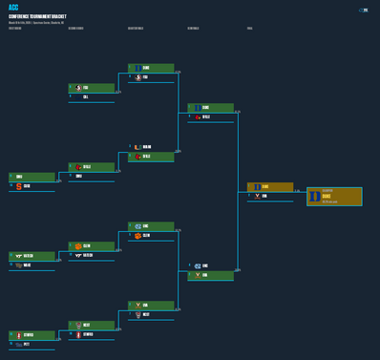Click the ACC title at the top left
pyautogui.click(x=14, y=8)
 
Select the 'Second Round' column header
pyautogui.click(x=76, y=29)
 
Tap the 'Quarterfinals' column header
pyautogui.click(x=136, y=29)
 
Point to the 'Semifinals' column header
pyautogui.click(x=194, y=29)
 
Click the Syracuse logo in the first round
pyautogui.click(x=15, y=186)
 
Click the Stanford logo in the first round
pyautogui.click(x=15, y=335)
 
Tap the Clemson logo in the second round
pyautogui.click(x=77, y=246)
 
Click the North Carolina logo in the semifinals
pyautogui.click(x=198, y=266)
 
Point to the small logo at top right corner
pyautogui.click(x=364, y=10)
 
